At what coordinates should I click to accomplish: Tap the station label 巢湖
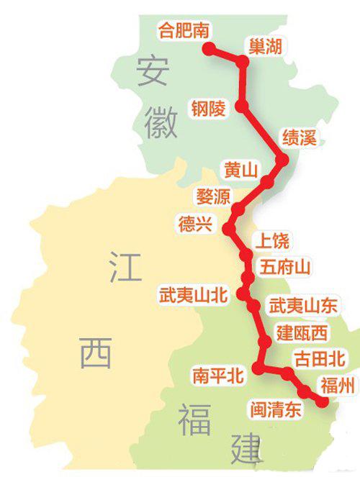(x=264, y=47)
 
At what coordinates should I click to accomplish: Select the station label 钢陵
(x=208, y=109)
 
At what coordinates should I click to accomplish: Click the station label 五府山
(x=286, y=268)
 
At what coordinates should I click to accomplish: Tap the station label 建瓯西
(x=302, y=332)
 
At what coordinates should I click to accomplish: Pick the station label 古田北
(x=320, y=358)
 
